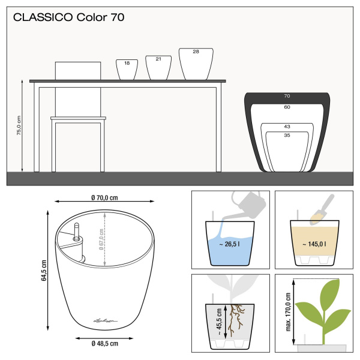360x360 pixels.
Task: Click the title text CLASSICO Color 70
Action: tap(68, 17)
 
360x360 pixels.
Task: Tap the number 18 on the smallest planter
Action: tap(127, 63)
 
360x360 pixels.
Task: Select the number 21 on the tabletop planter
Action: tap(158, 59)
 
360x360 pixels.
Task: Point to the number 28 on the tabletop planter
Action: tap(196, 52)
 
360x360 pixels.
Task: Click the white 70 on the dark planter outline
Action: tap(287, 96)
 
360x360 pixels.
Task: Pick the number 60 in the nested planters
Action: tap(287, 107)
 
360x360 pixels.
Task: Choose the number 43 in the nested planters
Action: tap(287, 127)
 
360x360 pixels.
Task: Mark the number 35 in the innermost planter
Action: tap(287, 135)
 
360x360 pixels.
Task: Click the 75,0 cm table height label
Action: tap(19, 125)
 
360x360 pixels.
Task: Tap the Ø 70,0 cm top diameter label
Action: tap(104, 197)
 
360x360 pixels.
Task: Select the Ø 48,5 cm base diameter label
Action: tap(104, 343)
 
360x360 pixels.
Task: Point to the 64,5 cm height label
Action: tap(44, 271)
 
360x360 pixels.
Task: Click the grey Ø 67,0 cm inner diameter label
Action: tap(101, 239)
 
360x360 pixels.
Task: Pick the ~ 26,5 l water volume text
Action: tap(229, 244)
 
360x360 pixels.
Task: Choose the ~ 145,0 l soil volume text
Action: tap(314, 244)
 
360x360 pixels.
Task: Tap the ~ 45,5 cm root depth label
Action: tap(219, 322)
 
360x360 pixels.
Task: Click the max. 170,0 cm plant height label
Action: tap(288, 312)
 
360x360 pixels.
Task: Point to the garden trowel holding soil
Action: tap(322, 210)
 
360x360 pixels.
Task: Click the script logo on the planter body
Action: tap(106, 320)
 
